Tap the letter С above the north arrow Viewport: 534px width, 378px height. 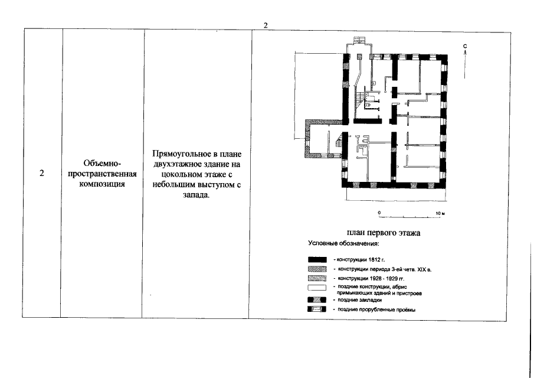click(465, 46)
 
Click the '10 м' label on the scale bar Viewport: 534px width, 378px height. click(440, 213)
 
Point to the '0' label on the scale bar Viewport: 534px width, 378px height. click(379, 213)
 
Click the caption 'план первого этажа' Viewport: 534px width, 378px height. click(384, 233)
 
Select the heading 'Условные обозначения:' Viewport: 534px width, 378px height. click(343, 243)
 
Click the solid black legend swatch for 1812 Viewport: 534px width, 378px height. click(317, 260)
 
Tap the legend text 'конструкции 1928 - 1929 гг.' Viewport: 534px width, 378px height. click(369, 278)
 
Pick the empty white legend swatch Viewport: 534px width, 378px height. click(317, 287)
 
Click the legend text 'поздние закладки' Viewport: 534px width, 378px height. click(359, 300)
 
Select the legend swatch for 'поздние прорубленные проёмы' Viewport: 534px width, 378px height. click(317, 309)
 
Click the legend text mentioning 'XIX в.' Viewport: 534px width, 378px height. click(385, 269)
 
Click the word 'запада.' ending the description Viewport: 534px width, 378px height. click(196, 195)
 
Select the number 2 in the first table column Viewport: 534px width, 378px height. click(41, 173)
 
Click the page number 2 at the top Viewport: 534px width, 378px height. click(266, 25)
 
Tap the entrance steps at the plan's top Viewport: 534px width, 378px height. click(359, 40)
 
